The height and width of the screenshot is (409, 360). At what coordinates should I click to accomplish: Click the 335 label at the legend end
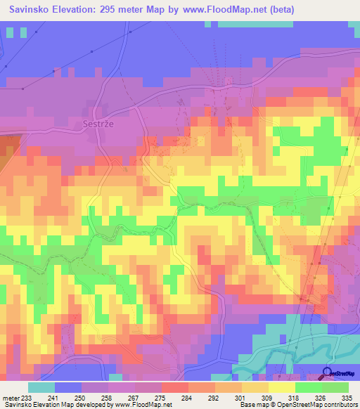pyautogui.click(x=347, y=397)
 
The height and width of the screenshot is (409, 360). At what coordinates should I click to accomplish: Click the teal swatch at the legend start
pyautogui.click(x=41, y=387)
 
